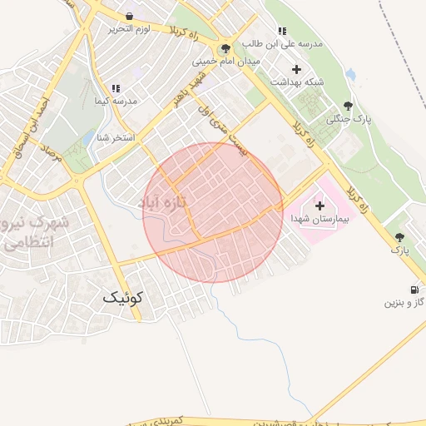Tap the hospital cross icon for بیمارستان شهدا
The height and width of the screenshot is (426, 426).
click(x=319, y=205)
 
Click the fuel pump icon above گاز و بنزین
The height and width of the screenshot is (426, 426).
click(x=418, y=290)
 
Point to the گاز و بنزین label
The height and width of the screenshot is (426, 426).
click(x=404, y=303)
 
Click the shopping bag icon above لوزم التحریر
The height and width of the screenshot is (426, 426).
click(x=129, y=16)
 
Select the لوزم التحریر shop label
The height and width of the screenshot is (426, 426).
click(x=127, y=29)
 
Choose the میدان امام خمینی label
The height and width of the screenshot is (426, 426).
click(x=226, y=62)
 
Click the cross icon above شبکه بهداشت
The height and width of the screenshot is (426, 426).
click(x=296, y=69)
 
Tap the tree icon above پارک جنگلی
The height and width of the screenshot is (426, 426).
click(x=348, y=106)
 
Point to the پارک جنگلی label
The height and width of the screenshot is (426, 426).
click(x=347, y=119)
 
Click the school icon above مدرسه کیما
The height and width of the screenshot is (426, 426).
click(x=116, y=87)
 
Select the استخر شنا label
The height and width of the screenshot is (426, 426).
click(x=116, y=137)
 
